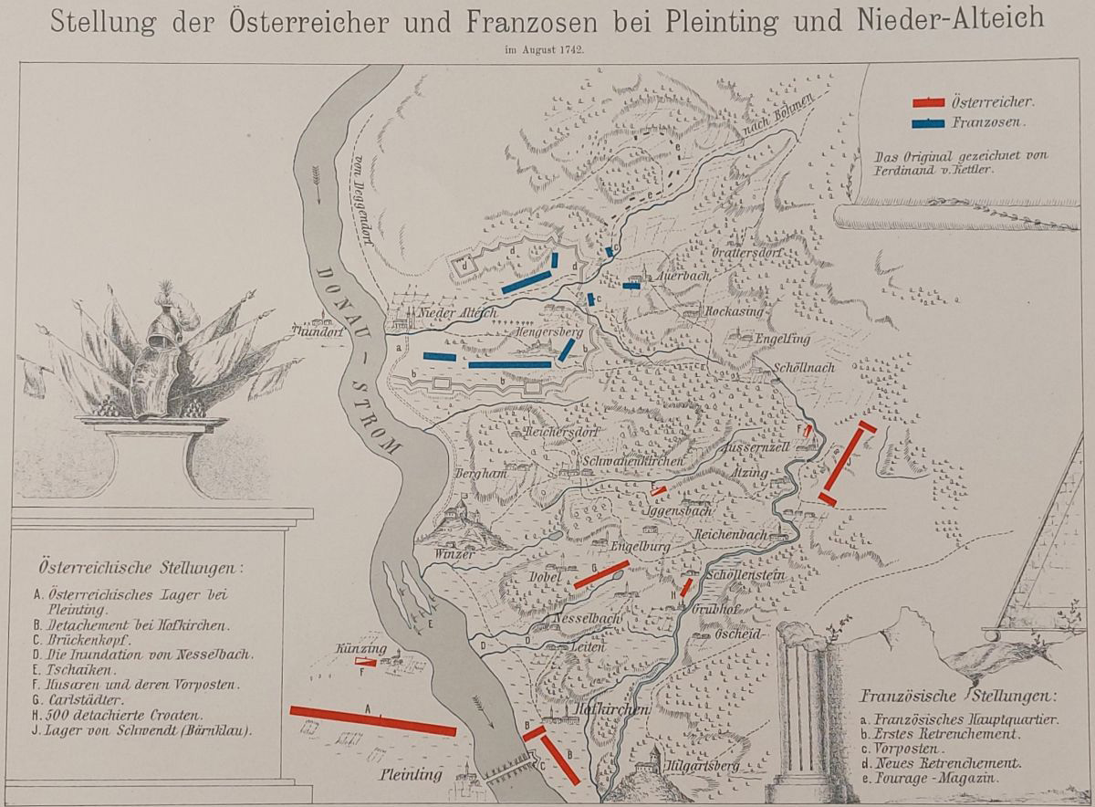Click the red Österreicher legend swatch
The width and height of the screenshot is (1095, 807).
pos(929,101)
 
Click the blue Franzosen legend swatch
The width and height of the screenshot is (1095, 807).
pos(929,122)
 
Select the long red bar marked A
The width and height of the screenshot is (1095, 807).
pos(372,719)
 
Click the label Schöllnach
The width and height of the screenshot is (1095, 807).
pos(802,366)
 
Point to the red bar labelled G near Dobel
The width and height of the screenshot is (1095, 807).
pos(601,574)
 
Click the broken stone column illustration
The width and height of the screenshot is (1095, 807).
pos(802,703)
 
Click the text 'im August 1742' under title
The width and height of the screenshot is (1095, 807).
pos(547,49)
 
